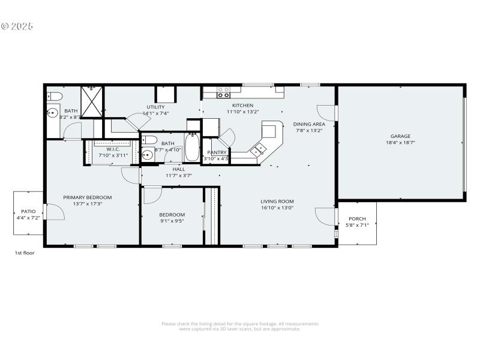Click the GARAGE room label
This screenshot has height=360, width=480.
pos(400,136)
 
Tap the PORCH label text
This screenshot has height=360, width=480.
pos(358,218)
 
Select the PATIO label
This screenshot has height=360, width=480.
pos(28,211)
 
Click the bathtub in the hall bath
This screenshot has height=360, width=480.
pos(192,148)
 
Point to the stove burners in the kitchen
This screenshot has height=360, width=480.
pos(223,92)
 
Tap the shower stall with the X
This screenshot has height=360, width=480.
pos(92,102)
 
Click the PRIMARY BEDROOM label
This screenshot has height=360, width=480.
pos(88,197)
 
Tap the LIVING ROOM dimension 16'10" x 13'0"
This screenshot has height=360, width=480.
pos(277,208)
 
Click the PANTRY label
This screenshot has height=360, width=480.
pos(217,152)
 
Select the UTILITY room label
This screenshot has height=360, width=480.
pos(155,107)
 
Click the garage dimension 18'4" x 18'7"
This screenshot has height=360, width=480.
pos(400,143)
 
